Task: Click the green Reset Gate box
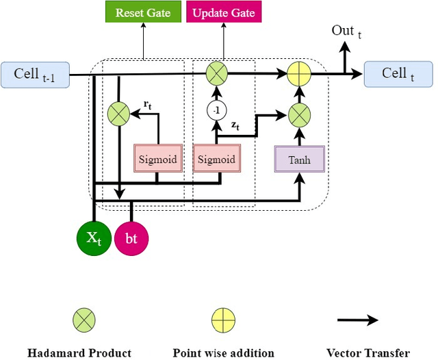(143, 13)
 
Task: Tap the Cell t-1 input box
(36, 75)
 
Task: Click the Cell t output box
(398, 75)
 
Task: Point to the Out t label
(346, 31)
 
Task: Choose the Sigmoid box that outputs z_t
(216, 159)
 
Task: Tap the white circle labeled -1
(216, 110)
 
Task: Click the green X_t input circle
(92, 238)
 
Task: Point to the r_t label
(147, 105)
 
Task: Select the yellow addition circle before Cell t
(298, 74)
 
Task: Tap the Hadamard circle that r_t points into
(119, 114)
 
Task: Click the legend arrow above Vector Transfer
(359, 320)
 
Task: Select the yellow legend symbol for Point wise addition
(224, 319)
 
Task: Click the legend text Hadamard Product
(79, 352)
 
